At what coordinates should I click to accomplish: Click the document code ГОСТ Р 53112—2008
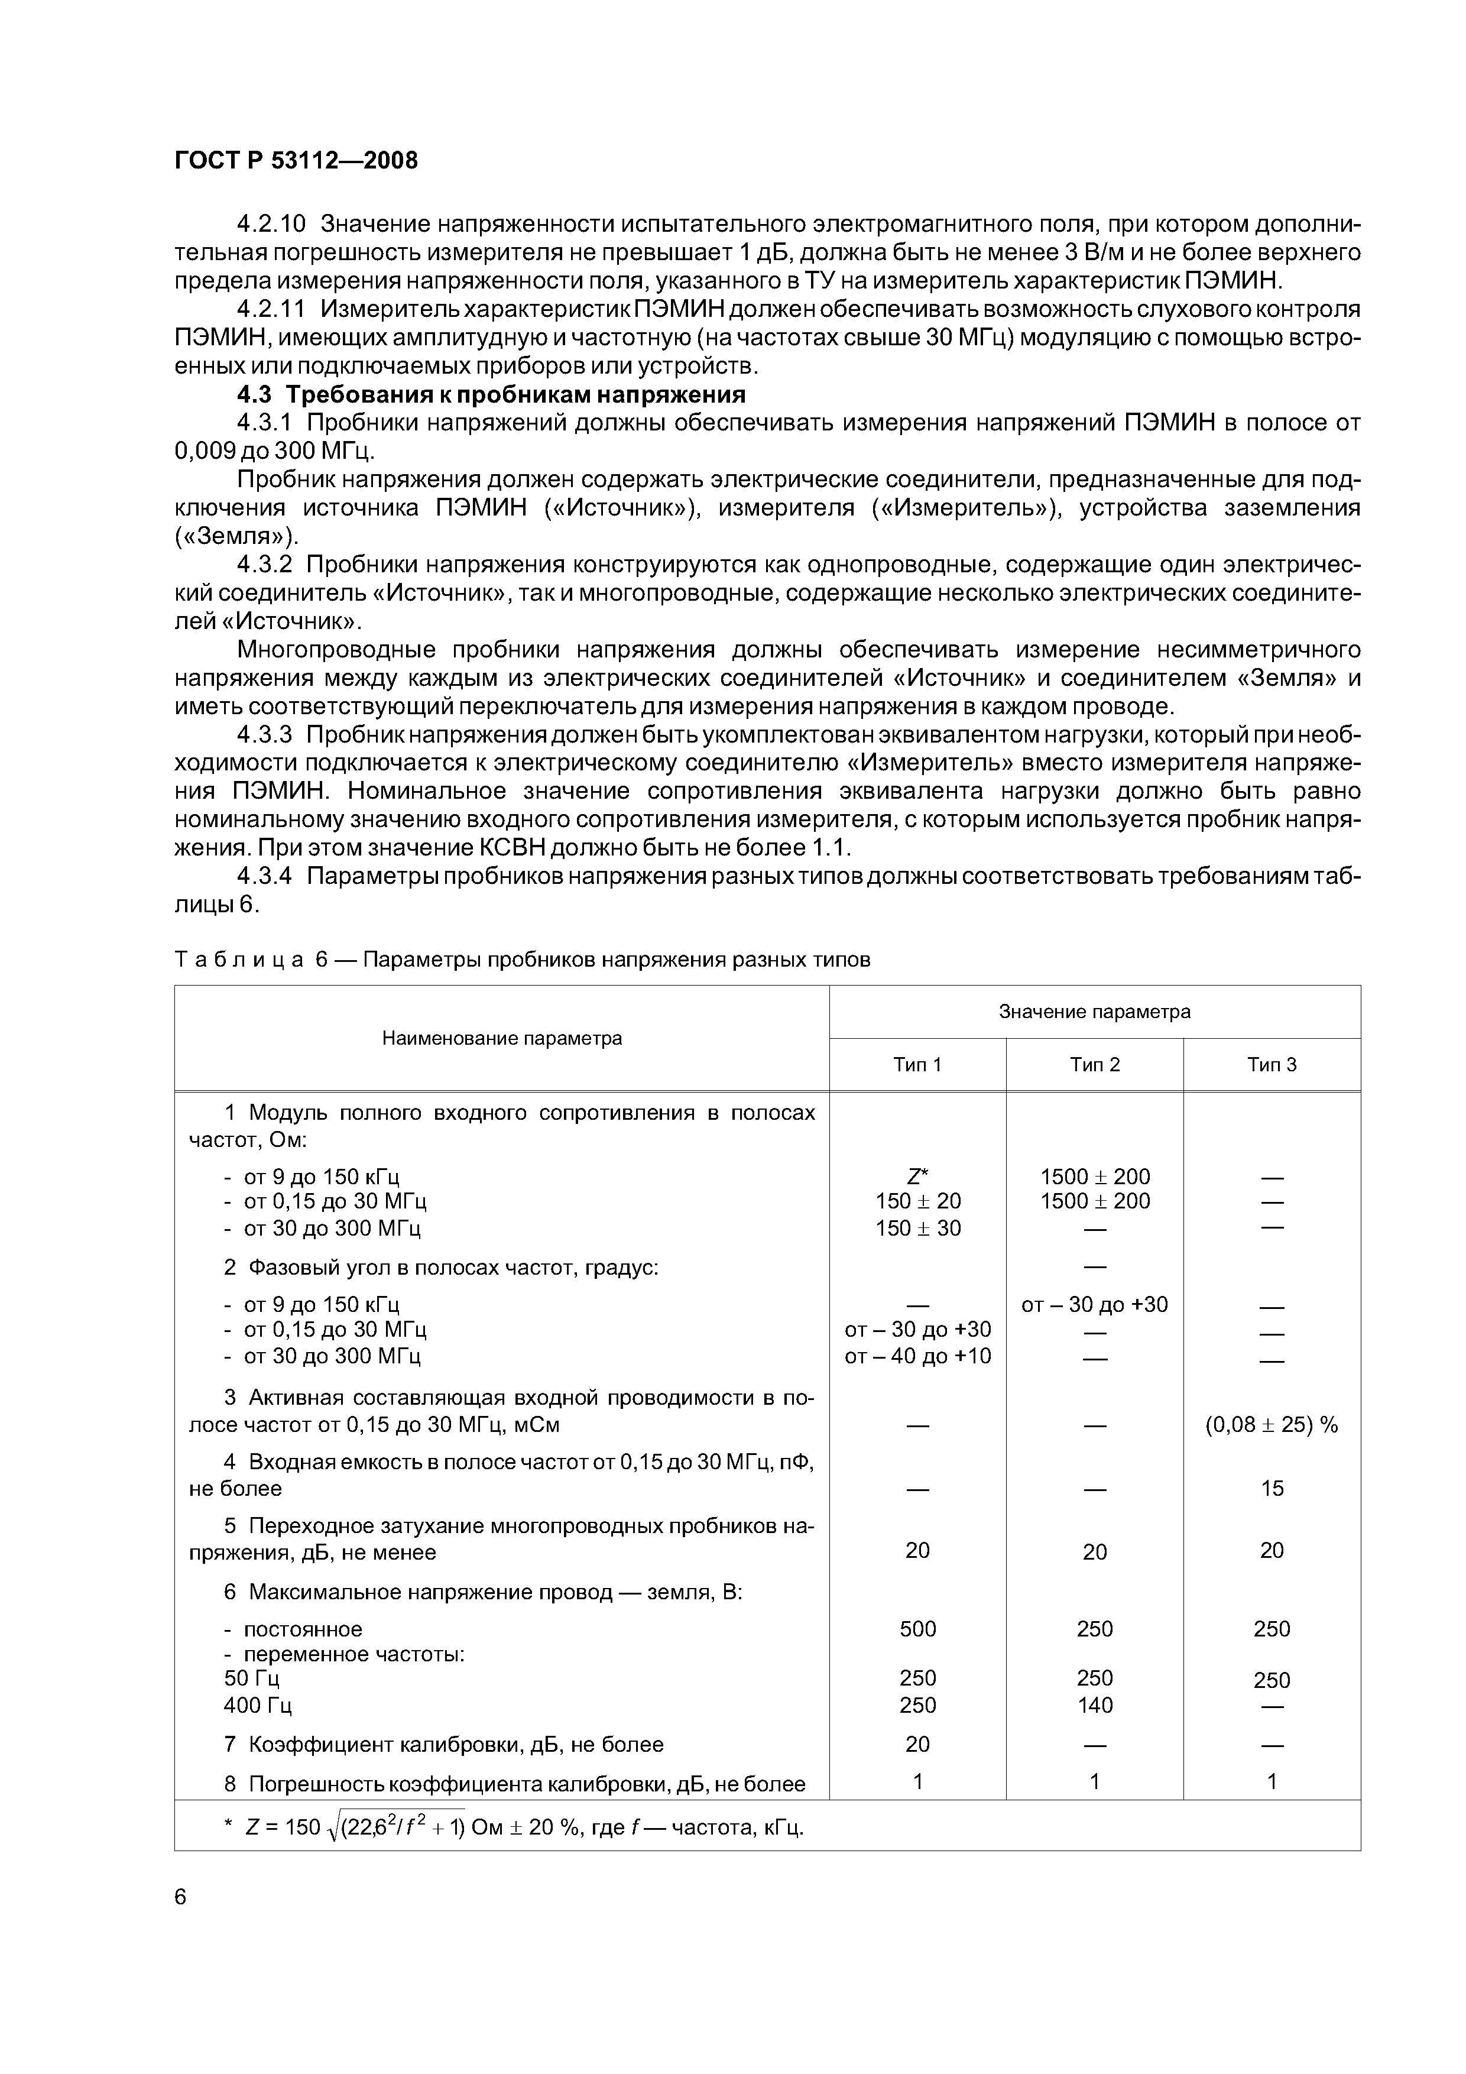coord(296,161)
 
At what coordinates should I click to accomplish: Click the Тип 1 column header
coord(917,1065)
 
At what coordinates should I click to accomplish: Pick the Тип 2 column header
coord(1095,1065)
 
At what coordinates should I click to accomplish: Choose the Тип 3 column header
coord(1272,1065)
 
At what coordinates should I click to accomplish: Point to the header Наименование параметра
coord(502,1038)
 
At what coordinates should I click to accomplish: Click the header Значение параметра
coord(1095,1012)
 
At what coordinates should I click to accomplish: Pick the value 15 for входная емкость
coord(1272,1488)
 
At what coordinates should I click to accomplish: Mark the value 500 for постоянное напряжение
coord(917,1629)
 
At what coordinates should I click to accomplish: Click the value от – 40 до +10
coord(917,1355)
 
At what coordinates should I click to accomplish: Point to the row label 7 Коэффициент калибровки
coord(443,1744)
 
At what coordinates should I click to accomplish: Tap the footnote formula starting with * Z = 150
coord(515,1827)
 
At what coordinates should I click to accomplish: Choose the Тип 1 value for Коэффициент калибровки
coord(917,1744)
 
